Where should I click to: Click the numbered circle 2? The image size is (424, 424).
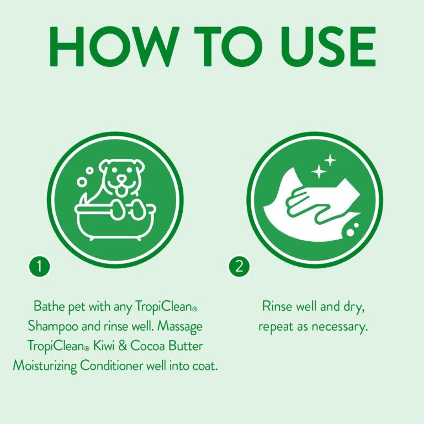pos(239,267)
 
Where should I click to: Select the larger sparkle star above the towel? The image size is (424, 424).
pos(330,161)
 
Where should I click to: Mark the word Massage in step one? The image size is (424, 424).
pos(181,326)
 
